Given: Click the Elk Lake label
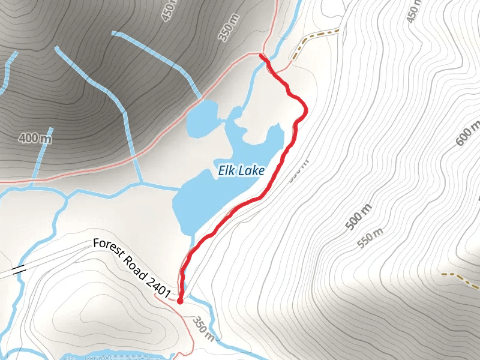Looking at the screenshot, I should click(x=241, y=172).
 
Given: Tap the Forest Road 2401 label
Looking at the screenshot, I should click(x=133, y=268).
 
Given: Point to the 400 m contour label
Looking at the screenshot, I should click(x=34, y=139).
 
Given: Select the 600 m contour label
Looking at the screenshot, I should click(x=468, y=133).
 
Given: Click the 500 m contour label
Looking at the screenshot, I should click(x=359, y=217).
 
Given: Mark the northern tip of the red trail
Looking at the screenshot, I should click(x=262, y=55).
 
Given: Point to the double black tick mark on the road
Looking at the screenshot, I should click(x=18, y=269).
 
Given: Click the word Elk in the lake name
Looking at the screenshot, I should click(x=227, y=171).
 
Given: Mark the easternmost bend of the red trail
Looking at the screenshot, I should click(x=307, y=109).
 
